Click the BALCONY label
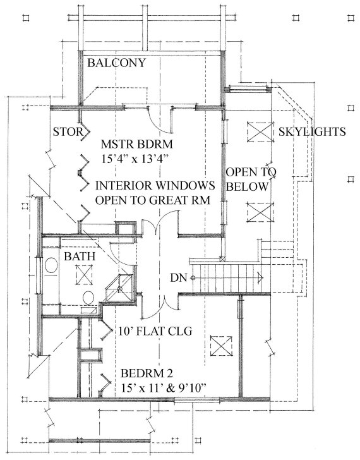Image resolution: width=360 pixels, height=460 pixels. (116, 63)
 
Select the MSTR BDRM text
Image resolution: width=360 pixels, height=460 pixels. (137, 144)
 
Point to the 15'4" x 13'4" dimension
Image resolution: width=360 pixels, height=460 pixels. (135, 159)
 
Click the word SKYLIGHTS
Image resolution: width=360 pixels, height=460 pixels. (312, 131)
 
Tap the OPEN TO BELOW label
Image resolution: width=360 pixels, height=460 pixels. (251, 179)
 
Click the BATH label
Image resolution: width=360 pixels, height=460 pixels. (80, 256)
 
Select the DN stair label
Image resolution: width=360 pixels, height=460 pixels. (179, 277)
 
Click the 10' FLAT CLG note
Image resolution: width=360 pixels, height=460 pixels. (155, 331)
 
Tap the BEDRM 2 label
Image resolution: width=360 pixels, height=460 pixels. (147, 373)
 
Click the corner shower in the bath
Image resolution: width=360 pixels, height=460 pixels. (119, 288)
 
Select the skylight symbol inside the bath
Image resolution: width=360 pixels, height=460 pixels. (85, 275)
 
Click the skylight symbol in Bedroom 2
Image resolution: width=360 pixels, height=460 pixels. (221, 346)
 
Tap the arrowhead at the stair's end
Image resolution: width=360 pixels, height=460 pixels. (261, 277)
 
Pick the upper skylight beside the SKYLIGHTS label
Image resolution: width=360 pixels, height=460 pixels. (259, 131)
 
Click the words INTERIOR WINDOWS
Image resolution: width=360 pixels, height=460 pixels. (155, 185)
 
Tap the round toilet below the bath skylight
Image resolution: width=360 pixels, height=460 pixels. (88, 298)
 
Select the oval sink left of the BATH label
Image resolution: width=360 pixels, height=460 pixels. (51, 265)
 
